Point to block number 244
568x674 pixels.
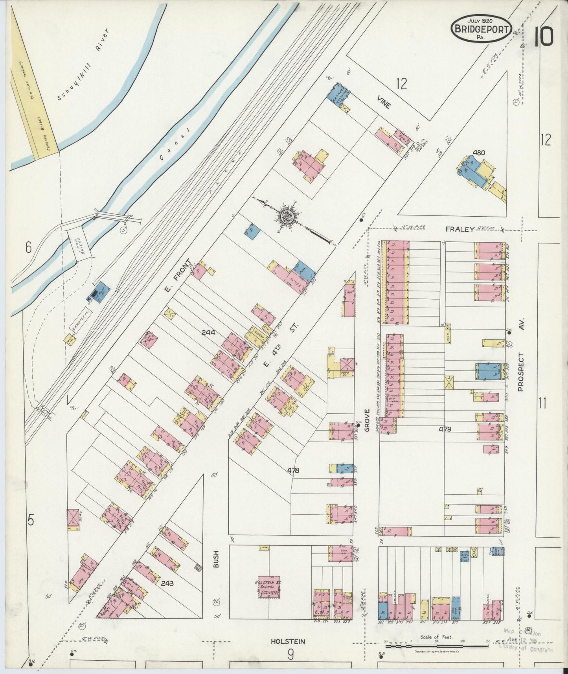[208, 333]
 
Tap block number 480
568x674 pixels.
[479, 153]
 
